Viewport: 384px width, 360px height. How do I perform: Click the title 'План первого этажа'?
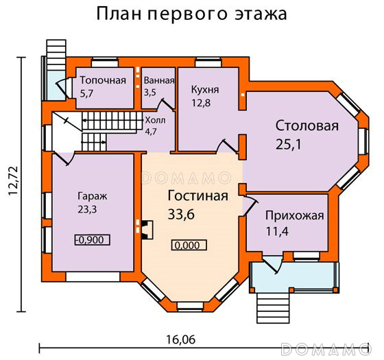click(191, 14)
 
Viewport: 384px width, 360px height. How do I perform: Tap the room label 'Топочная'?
click(103, 80)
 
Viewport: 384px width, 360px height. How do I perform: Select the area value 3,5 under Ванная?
click(150, 93)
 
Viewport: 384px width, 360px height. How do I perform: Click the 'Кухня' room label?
click(205, 90)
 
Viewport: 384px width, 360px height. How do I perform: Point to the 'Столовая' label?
click(307, 126)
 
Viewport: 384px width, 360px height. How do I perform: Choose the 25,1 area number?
click(289, 144)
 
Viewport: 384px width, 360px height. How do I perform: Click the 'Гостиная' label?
click(198, 195)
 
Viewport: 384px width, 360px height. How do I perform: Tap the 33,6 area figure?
click(181, 214)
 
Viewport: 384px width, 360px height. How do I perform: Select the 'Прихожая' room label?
click(295, 216)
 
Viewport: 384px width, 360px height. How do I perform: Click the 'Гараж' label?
click(93, 196)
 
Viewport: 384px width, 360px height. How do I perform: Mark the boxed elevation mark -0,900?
click(93, 240)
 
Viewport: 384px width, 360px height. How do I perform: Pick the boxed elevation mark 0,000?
click(189, 245)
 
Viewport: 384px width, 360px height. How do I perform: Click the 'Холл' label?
click(155, 120)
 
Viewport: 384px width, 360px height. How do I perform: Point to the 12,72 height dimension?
click(13, 181)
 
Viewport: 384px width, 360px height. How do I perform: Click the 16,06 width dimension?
click(181, 339)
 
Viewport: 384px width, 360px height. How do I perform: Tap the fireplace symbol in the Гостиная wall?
click(147, 230)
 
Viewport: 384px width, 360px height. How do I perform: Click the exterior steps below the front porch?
click(273, 308)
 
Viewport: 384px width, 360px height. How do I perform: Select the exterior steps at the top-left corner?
click(56, 55)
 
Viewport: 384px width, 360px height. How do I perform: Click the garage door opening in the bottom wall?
click(93, 277)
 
